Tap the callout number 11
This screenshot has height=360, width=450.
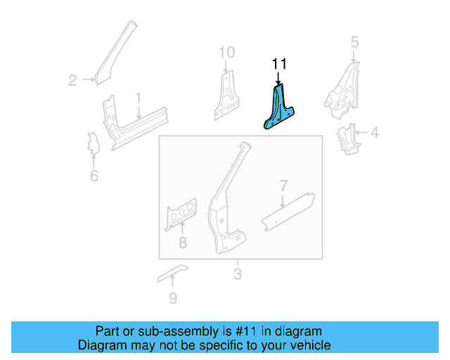pyautogui.click(x=279, y=65)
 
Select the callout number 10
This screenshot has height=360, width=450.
pyautogui.click(x=226, y=52)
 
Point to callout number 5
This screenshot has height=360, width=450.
pyautogui.click(x=354, y=42)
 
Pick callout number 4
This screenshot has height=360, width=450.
pyautogui.click(x=375, y=131)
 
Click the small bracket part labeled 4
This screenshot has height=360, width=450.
pyautogui.click(x=348, y=138)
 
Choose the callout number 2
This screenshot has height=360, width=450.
pyautogui.click(x=72, y=81)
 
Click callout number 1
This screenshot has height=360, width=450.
pyautogui.click(x=139, y=97)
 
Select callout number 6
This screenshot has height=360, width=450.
pyautogui.click(x=94, y=176)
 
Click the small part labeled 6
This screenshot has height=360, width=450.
pyautogui.click(x=91, y=143)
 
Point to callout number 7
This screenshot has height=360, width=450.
pyautogui.click(x=283, y=186)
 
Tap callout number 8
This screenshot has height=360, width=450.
pyautogui.click(x=182, y=244)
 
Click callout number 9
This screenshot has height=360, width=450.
pyautogui.click(x=173, y=298)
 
